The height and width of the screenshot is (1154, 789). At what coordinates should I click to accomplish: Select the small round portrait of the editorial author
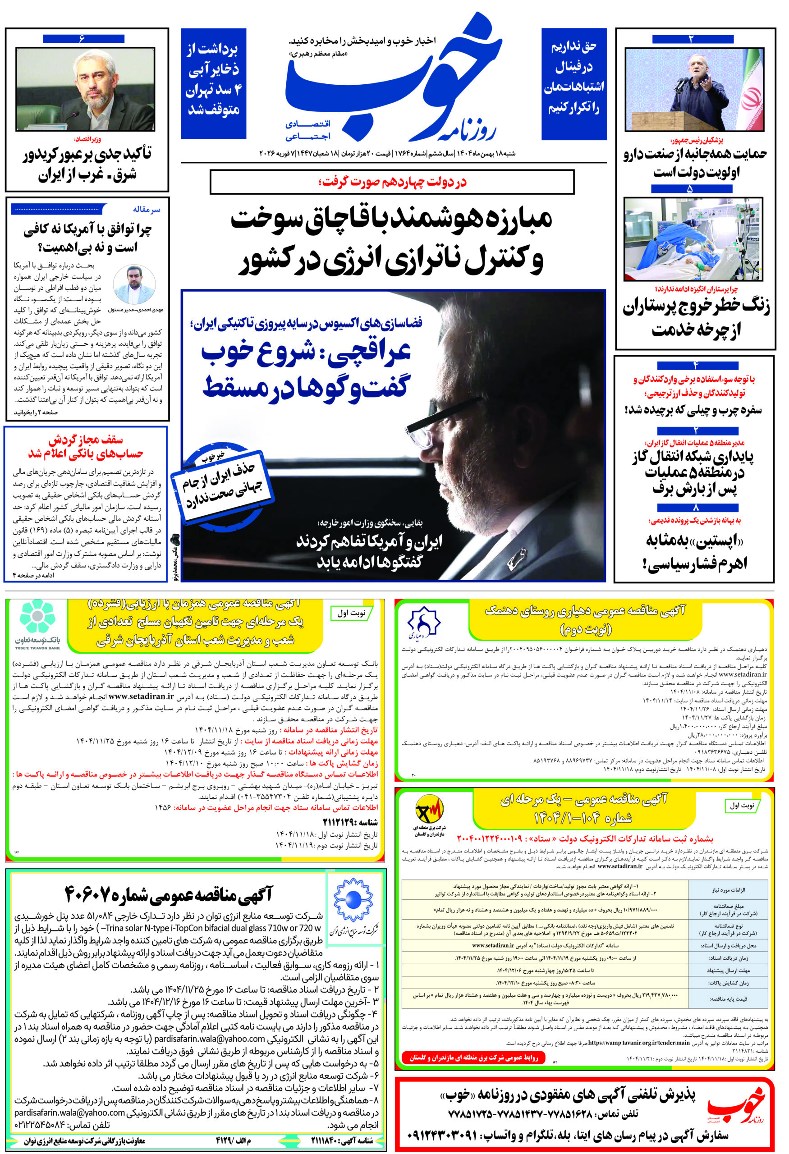point(134,284)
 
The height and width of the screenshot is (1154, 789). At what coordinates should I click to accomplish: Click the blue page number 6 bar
point(83,39)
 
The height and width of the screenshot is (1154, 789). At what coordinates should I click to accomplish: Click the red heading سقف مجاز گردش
point(85,440)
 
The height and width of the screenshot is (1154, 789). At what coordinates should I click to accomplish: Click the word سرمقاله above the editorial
point(147,210)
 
